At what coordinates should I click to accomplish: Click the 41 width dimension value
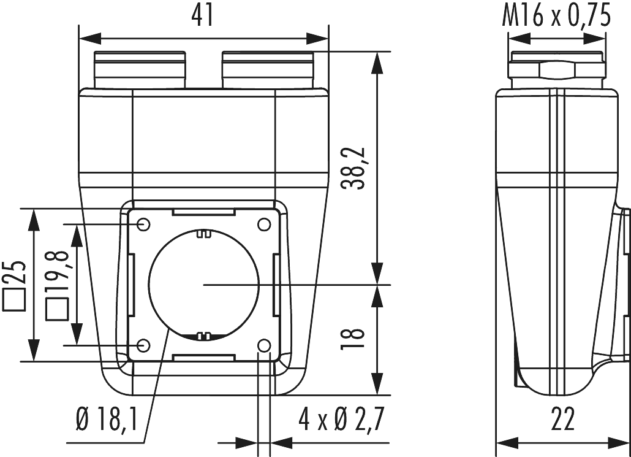(203, 15)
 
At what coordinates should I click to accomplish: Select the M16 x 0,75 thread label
(556, 17)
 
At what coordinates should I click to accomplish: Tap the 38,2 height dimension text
(355, 167)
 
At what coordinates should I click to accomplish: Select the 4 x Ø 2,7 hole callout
(340, 421)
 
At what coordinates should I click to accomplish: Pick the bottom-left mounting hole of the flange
(143, 346)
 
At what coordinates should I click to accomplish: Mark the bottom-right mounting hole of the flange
(264, 346)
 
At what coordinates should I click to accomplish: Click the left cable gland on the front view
(140, 70)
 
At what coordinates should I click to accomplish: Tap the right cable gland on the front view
(268, 70)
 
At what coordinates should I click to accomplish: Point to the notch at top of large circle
(203, 234)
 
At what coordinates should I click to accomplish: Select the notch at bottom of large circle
(203, 336)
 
